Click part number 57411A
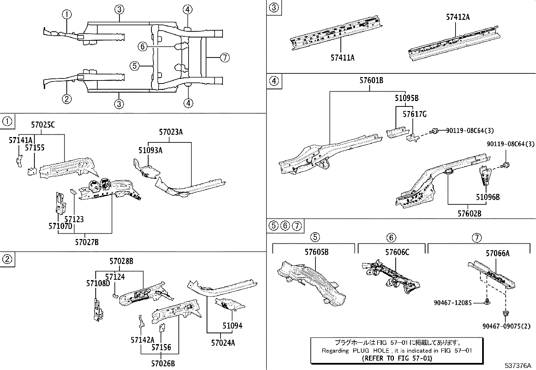(342, 58)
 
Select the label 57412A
(458, 17)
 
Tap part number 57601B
(371, 80)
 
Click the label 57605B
(316, 252)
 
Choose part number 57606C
(397, 252)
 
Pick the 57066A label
(497, 254)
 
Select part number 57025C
(43, 125)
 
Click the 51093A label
(150, 150)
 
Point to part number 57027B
(87, 242)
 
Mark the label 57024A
(223, 343)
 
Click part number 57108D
(98, 283)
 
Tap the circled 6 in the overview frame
(143, 46)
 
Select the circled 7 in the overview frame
(225, 58)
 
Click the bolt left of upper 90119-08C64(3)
(434, 131)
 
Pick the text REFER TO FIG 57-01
(397, 358)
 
